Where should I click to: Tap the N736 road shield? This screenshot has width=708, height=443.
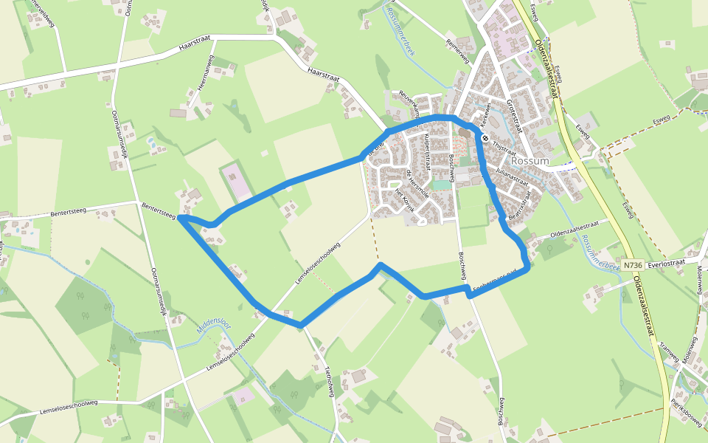[632, 264]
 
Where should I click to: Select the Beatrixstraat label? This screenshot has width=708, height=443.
[520, 207]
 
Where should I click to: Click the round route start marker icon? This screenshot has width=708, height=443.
[485, 137]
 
